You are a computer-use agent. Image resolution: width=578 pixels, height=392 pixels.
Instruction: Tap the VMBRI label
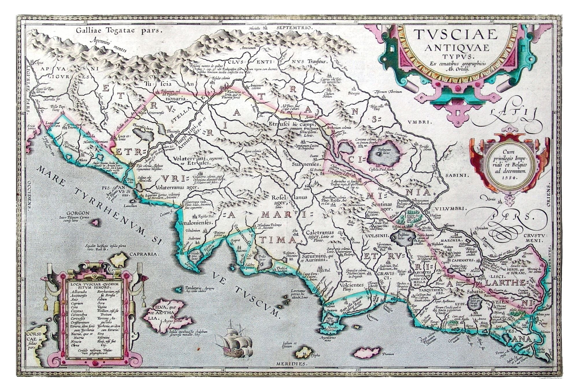coord(420,122)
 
